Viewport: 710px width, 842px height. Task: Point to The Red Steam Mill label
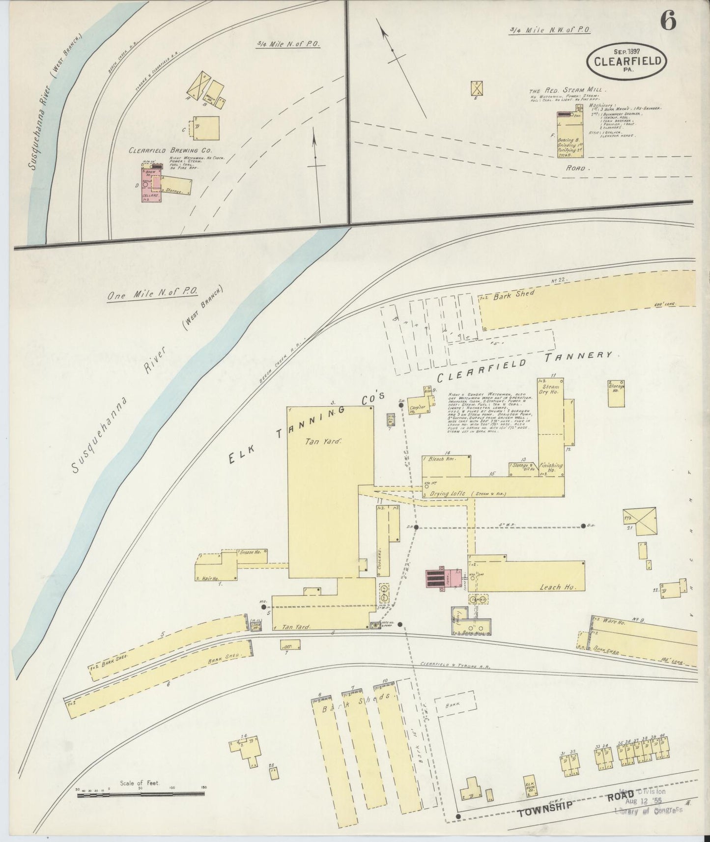(x=568, y=91)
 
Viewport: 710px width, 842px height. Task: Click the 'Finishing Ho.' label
(x=550, y=468)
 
